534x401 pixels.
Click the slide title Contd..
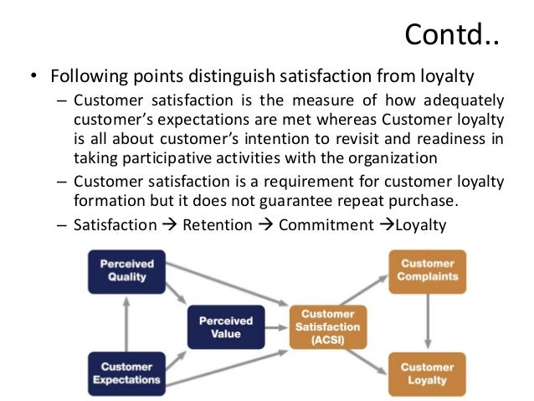tap(452, 35)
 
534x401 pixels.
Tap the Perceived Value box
tap(225, 327)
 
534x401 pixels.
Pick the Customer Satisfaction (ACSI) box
tap(328, 326)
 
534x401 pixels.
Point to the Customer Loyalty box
tap(428, 374)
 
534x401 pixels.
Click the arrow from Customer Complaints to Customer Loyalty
tap(428, 323)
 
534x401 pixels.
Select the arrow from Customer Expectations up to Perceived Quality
tap(126, 324)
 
